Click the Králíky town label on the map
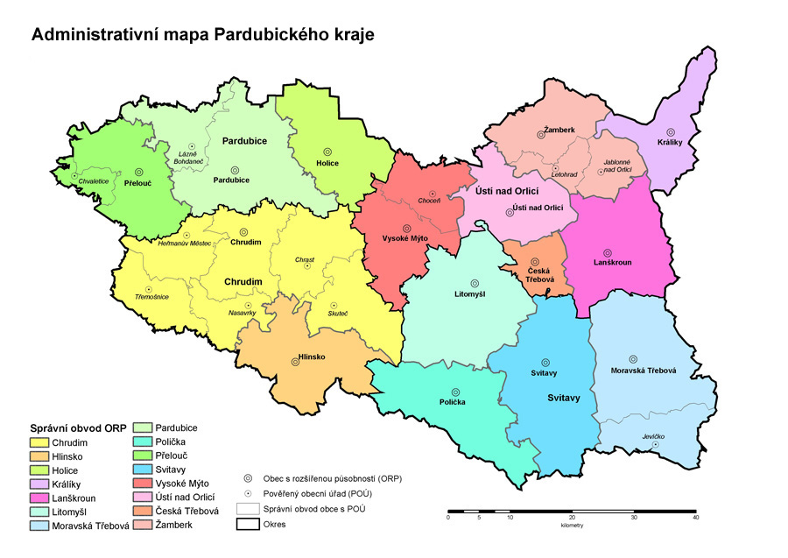pyautogui.click(x=672, y=143)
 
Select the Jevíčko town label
pyautogui.click(x=653, y=435)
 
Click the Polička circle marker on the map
pyautogui.click(x=454, y=392)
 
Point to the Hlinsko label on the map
pyautogui.click(x=313, y=357)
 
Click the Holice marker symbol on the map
pyautogui.click(x=327, y=151)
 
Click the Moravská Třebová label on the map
pyautogui.click(x=644, y=370)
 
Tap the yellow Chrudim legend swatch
pyautogui.click(x=39, y=442)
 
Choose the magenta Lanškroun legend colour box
pyautogui.click(x=39, y=497)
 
